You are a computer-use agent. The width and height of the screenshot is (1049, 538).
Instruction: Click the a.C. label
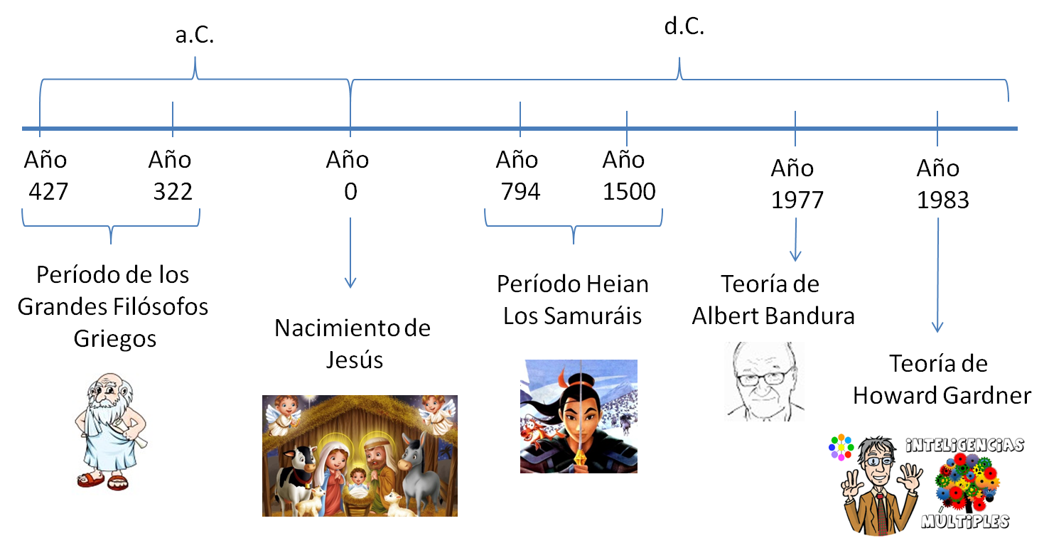point(194,35)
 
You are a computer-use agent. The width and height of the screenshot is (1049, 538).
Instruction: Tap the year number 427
point(48,191)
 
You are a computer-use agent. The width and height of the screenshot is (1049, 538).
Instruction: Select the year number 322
point(173,191)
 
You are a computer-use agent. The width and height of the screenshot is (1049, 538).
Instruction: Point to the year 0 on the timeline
point(350,191)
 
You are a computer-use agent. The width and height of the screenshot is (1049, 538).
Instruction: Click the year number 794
point(520,191)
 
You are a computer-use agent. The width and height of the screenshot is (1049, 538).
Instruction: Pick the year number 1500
point(629,191)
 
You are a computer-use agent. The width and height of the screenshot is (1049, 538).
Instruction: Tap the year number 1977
point(797,200)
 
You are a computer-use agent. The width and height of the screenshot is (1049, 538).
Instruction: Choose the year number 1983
point(942,200)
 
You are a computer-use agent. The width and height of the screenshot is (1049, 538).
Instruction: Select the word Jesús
point(354,359)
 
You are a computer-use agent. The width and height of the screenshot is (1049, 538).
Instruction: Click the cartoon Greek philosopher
point(107,430)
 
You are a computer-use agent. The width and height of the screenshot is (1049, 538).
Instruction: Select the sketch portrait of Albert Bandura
point(764,381)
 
